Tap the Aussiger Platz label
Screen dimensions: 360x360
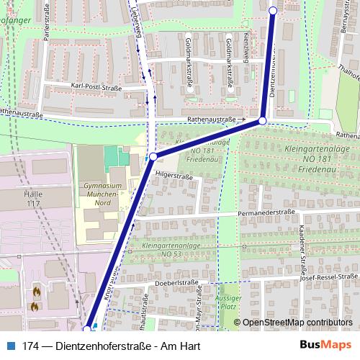(x=228, y=303)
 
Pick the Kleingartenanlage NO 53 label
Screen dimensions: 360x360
(x=171, y=250)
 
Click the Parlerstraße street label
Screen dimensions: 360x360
(x=47, y=46)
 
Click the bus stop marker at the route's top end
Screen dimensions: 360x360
(x=273, y=10)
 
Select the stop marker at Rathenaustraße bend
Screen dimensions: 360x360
(x=263, y=121)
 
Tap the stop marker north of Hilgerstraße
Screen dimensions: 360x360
(x=153, y=156)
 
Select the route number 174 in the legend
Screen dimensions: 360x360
(x=30, y=345)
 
